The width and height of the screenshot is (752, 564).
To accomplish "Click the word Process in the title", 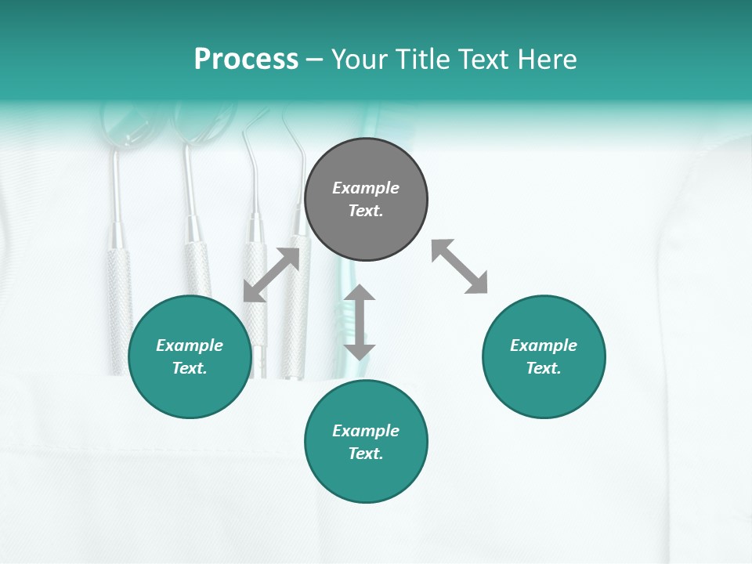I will coord(246,60).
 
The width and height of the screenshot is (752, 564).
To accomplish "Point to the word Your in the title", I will coord(360,60).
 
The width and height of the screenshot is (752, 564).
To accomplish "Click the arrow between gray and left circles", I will coord(271,275).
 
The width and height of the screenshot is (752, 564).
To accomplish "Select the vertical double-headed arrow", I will coord(360,322).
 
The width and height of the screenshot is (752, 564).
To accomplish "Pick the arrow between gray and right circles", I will coord(460,266).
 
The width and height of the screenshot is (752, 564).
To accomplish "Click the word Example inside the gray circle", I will coord(366,188).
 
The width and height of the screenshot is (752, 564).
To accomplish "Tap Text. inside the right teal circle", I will coord(544,368).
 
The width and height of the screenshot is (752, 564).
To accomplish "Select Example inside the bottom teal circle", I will coord(366,431).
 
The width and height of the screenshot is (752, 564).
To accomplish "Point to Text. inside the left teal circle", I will coord(190,368).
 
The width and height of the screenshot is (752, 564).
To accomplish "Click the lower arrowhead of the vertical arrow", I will coord(360,350).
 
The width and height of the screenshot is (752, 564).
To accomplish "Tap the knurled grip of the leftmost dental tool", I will coord(118,313).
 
